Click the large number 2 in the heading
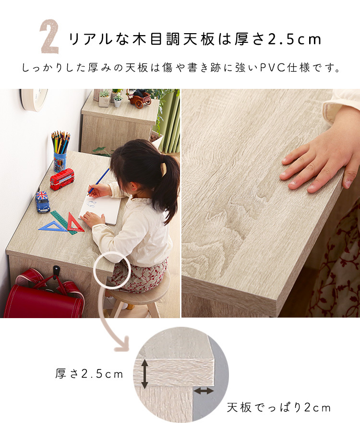coord(49,37)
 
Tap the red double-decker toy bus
coord(62,179)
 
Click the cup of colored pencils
coord(60,152)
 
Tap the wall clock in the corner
coord(34,99)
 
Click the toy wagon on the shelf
coord(139,99)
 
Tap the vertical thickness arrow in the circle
coord(144,373)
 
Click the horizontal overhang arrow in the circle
coord(204,391)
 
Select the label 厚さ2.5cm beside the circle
coord(89,374)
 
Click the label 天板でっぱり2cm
coord(278,407)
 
